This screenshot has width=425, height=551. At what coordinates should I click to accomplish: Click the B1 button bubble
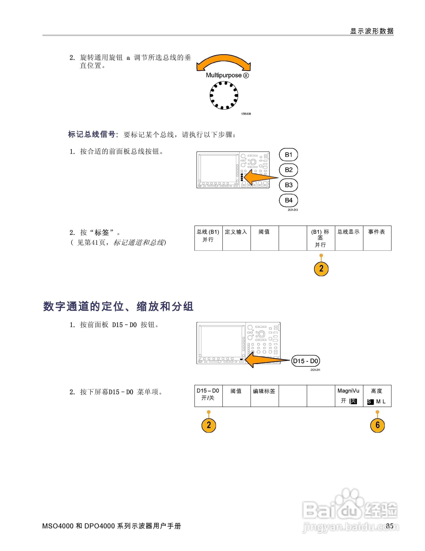(x=289, y=155)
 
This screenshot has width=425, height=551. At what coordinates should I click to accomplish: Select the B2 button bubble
(x=289, y=170)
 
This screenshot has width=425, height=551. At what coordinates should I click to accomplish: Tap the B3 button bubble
(x=289, y=185)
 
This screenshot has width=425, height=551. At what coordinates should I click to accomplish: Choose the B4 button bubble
(x=289, y=200)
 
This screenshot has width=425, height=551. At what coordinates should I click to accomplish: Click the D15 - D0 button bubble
(x=305, y=361)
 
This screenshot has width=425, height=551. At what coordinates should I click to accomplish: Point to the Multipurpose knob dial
(x=224, y=95)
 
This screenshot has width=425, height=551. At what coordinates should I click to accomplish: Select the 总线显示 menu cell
(x=349, y=238)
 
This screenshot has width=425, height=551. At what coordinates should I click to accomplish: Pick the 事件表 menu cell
(x=377, y=238)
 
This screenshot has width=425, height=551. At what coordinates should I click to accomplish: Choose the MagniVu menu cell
(x=349, y=396)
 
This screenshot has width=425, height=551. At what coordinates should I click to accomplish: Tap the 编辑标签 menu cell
(x=264, y=396)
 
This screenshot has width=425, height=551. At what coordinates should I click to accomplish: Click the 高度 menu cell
(x=377, y=396)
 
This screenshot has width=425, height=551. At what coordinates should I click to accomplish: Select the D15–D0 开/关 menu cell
(x=208, y=396)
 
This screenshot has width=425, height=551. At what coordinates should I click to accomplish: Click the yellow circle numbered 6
(x=377, y=425)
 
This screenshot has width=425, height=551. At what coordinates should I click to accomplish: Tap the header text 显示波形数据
(x=372, y=31)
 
